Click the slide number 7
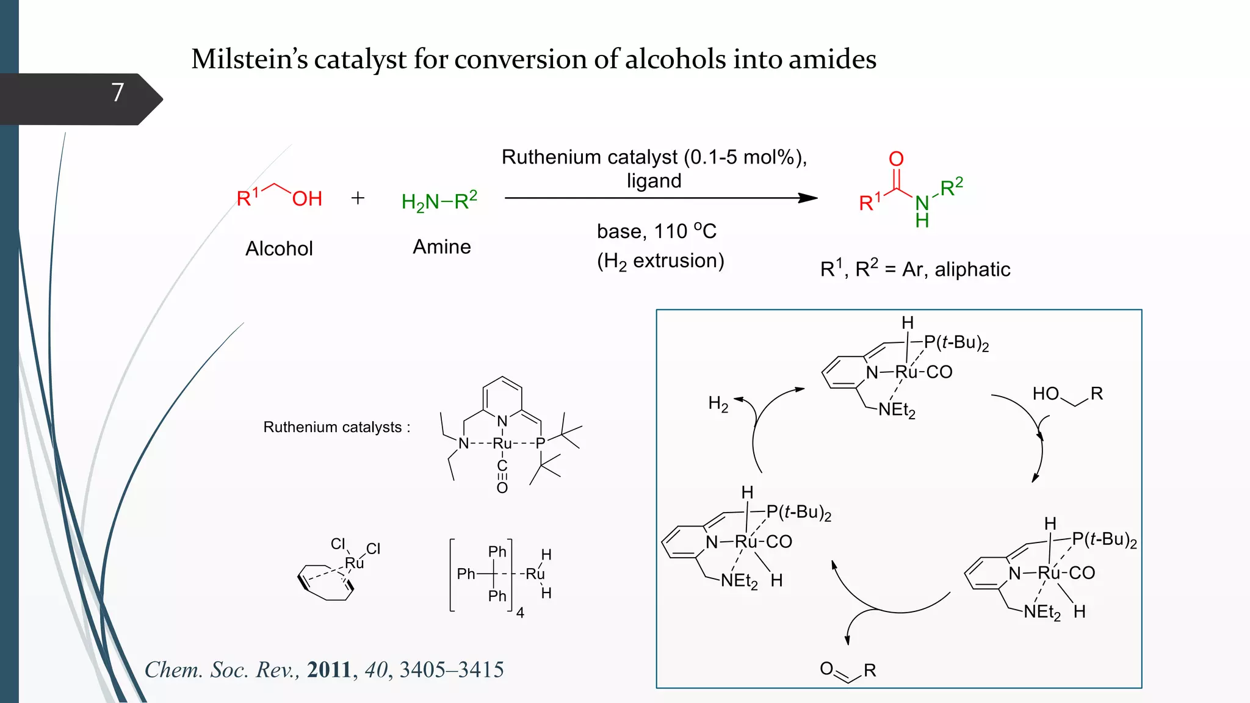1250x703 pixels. (118, 93)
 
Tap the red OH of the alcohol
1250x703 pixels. (307, 199)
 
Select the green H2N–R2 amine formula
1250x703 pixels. (439, 201)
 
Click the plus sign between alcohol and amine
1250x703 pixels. (358, 198)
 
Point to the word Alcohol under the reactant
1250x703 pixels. (279, 249)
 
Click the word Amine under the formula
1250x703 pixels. (442, 247)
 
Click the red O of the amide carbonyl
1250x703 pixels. (896, 159)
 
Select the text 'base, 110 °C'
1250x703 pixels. (656, 231)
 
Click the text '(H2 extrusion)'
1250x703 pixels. (660, 261)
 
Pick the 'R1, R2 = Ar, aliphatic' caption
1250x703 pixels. (915, 269)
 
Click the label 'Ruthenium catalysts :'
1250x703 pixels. (336, 427)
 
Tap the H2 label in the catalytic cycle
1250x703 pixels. (718, 404)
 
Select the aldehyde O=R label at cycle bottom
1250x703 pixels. (848, 671)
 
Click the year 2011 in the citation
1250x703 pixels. (329, 670)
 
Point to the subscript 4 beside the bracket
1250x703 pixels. (520, 613)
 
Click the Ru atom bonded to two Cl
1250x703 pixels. (354, 563)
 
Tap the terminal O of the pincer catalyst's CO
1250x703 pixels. (502, 488)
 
